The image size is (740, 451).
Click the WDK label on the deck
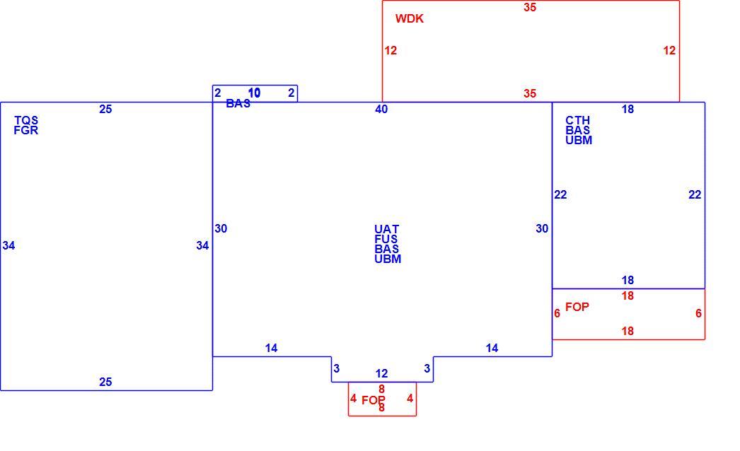(x=409, y=19)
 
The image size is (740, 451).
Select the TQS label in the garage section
(x=26, y=120)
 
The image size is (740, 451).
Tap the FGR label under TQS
(x=26, y=130)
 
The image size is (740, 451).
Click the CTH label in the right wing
(x=578, y=120)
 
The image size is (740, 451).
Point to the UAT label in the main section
(x=386, y=229)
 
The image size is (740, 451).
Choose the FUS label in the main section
(x=386, y=239)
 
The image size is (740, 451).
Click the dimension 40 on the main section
(x=381, y=110)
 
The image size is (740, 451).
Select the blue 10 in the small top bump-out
(x=255, y=93)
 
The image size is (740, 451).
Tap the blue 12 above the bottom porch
(x=382, y=374)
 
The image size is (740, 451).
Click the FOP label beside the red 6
(x=577, y=307)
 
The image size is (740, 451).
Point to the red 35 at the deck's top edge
(x=530, y=8)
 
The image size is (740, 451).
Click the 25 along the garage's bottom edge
(x=105, y=382)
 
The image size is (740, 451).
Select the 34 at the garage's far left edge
(x=9, y=245)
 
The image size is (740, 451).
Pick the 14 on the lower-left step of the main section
(x=272, y=348)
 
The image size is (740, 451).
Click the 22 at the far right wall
(x=695, y=194)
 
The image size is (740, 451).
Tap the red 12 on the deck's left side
(x=391, y=50)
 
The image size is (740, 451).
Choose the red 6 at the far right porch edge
(x=698, y=313)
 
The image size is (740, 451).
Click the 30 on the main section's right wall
(x=542, y=229)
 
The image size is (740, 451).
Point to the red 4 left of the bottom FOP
(x=353, y=399)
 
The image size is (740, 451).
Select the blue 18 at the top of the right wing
(x=628, y=110)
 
